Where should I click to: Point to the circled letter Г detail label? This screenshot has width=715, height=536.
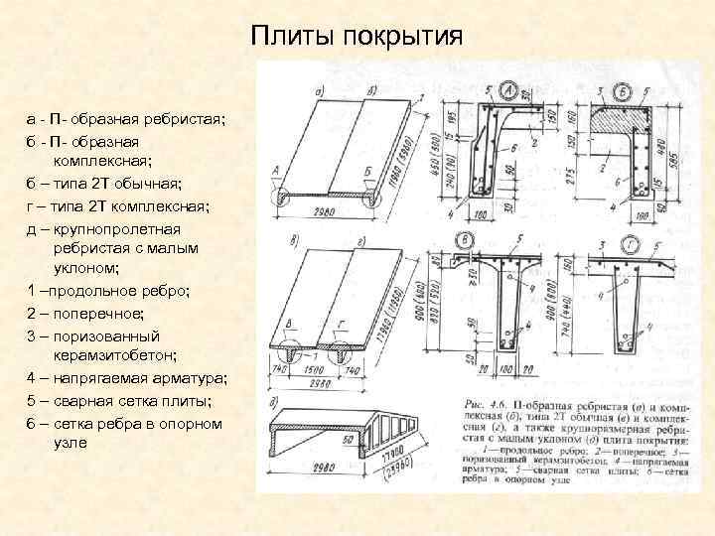pyautogui.click(x=632, y=243)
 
